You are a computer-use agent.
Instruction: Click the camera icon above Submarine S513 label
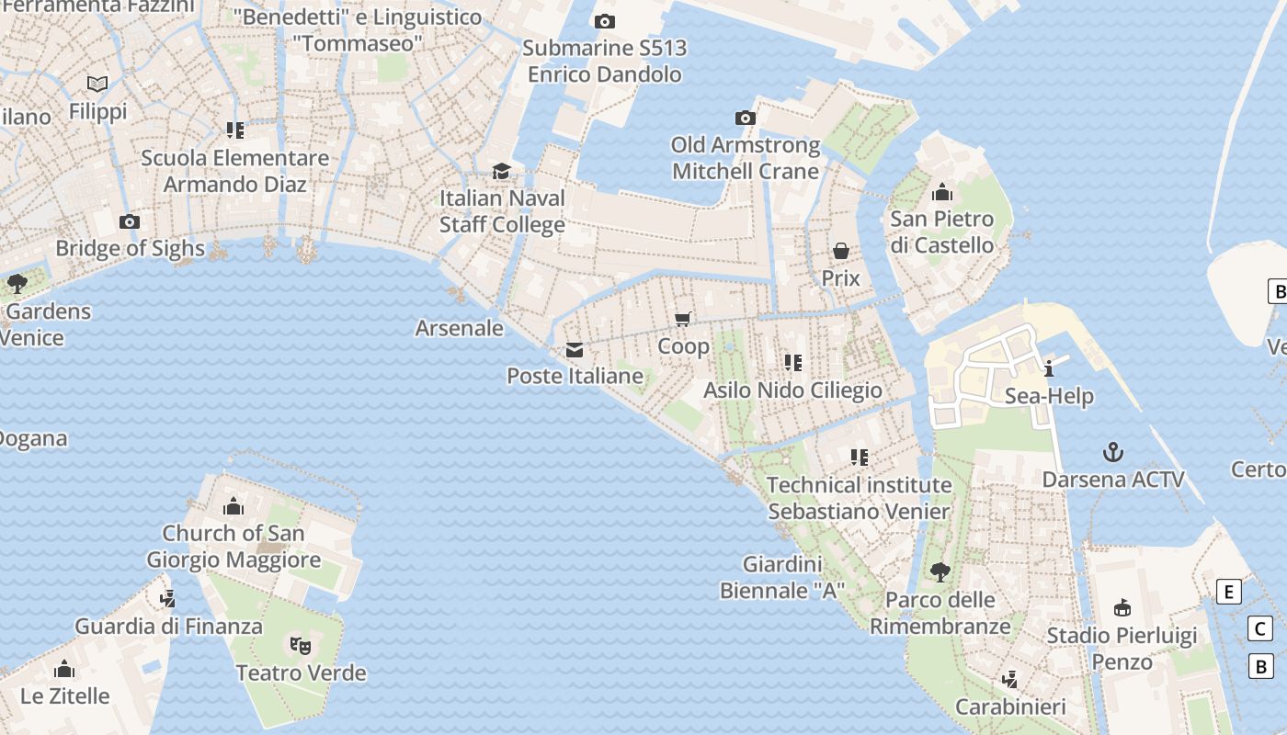click(x=604, y=21)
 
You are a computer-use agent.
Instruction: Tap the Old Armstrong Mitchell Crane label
click(x=746, y=158)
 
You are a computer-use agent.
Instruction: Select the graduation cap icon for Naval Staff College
click(x=501, y=172)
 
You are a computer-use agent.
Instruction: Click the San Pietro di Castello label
click(x=941, y=232)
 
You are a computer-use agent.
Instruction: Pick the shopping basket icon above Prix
click(x=840, y=251)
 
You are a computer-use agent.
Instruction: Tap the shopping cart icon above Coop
click(x=682, y=319)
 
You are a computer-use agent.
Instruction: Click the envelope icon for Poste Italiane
click(x=575, y=350)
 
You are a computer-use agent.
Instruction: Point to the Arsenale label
click(x=460, y=328)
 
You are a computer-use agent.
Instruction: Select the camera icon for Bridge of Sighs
click(x=130, y=221)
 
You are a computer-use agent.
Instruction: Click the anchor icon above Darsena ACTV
click(x=1113, y=452)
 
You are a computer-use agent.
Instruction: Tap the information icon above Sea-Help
click(x=1049, y=369)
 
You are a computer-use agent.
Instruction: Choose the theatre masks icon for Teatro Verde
click(x=300, y=645)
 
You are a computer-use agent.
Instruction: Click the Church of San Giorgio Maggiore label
click(x=233, y=546)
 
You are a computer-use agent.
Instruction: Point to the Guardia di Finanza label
click(x=168, y=627)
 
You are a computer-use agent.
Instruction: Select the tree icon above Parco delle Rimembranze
click(x=940, y=572)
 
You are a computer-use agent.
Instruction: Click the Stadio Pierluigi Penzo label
click(x=1122, y=649)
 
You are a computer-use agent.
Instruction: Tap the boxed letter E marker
click(x=1228, y=592)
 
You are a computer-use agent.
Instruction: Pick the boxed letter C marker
click(x=1260, y=628)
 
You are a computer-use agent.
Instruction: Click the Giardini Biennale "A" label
click(x=782, y=577)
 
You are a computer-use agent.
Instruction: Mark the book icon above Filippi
click(x=97, y=85)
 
